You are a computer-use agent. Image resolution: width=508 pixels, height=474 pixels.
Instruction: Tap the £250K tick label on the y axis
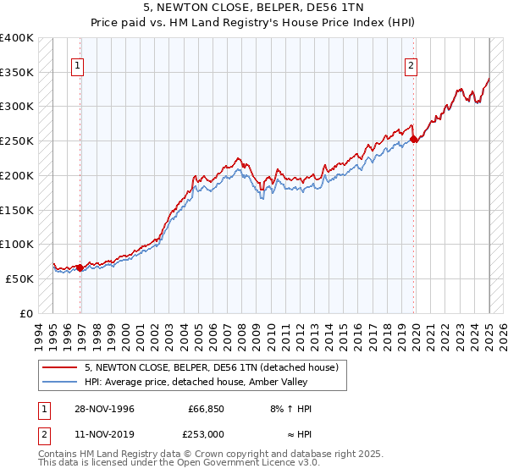(17, 141)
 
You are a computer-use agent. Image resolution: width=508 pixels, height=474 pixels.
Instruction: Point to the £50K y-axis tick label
(20, 278)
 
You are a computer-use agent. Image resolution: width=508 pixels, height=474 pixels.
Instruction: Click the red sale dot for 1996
(80, 267)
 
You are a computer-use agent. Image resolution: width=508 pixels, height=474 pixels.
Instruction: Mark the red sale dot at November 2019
(413, 140)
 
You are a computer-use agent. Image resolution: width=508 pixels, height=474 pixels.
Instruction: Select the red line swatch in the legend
(58, 367)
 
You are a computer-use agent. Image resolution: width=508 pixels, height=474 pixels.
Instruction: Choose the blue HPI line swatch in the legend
(58, 382)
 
